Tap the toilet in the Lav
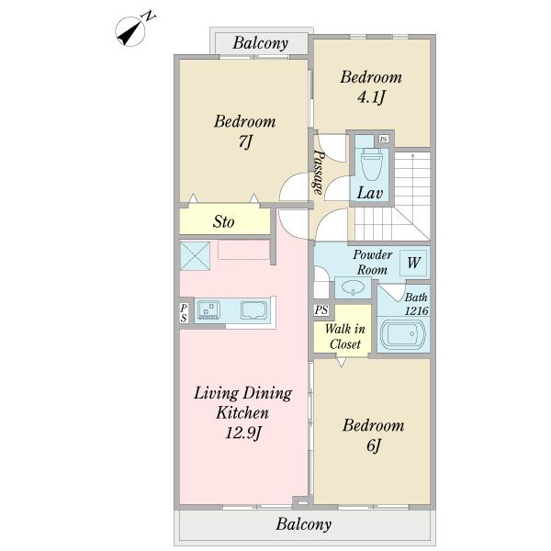[x=372, y=163]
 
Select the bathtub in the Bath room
[x=403, y=334]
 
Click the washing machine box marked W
[x=413, y=263]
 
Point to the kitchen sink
[x=208, y=309]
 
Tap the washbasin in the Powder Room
[x=354, y=287]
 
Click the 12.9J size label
[x=242, y=433]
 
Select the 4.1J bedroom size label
[x=371, y=97]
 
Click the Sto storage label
[x=223, y=221]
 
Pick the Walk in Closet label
[x=345, y=336]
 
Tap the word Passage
[x=319, y=172]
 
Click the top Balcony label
[x=261, y=43]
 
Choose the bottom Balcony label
[x=304, y=524]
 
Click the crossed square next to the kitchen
[x=196, y=256]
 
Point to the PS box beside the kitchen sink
[x=184, y=313]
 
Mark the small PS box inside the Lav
[x=384, y=140]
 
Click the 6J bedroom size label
[x=374, y=446]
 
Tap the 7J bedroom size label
[x=245, y=142]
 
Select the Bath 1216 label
[x=416, y=304]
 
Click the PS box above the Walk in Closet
[x=321, y=310]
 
